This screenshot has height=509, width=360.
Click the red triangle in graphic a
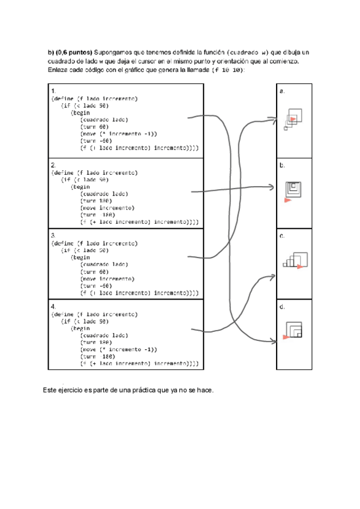(292, 120)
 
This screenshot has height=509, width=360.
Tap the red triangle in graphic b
(288, 200)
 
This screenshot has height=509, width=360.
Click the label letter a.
(281, 91)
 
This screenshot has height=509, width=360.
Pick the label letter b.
(281, 164)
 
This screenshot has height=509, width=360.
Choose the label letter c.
(281, 236)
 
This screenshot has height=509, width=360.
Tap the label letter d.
(281, 307)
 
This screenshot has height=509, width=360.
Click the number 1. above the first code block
(53, 91)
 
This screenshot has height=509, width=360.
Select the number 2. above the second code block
(53, 164)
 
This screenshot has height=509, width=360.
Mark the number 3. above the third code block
(53, 236)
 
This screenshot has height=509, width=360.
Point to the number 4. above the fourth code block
(53, 306)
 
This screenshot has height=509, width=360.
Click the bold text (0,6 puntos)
(74, 52)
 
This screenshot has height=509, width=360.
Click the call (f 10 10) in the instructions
(227, 70)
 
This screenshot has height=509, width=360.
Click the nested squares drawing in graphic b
(294, 188)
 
